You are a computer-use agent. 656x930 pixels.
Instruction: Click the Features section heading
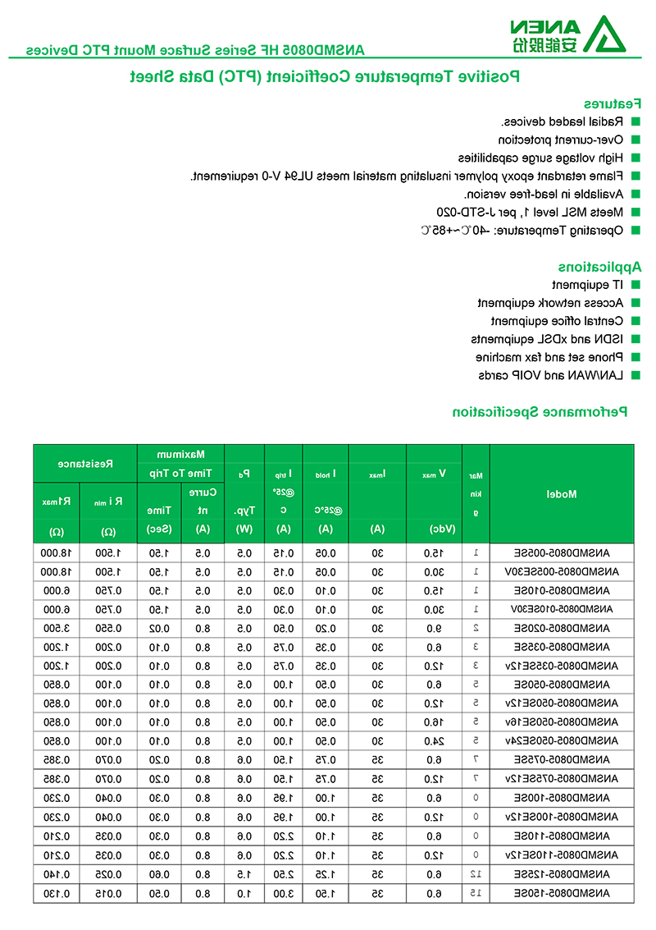click(x=612, y=104)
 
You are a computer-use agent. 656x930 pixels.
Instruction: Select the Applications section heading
click(x=600, y=267)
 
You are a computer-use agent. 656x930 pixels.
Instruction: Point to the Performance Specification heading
click(x=540, y=411)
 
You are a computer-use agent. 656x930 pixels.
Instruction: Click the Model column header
click(x=561, y=494)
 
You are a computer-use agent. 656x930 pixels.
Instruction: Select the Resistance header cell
click(x=85, y=464)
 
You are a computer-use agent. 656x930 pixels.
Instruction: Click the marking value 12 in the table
click(x=476, y=873)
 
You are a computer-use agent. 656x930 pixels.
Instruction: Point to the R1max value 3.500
click(x=57, y=627)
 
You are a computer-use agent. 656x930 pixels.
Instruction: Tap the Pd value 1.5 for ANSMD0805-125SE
click(x=244, y=873)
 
